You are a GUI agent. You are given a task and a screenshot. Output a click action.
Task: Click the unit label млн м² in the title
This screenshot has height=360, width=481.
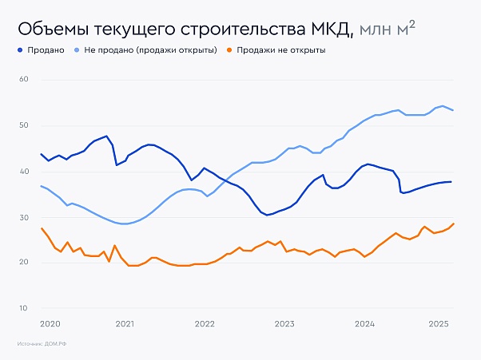tap(388, 30)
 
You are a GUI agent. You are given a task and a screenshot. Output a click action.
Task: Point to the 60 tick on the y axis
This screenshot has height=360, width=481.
tap(24, 80)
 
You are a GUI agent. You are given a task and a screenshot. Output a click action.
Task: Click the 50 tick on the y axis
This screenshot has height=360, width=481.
tap(24, 125)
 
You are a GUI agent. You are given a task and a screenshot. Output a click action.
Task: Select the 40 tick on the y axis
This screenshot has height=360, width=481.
tap(24, 172)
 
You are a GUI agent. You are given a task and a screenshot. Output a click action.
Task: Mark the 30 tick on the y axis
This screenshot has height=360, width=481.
tap(24, 217)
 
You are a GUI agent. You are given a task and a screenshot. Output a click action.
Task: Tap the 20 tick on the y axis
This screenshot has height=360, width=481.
tap(24, 263)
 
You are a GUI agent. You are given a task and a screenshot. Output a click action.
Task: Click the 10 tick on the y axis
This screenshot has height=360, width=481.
tap(24, 308)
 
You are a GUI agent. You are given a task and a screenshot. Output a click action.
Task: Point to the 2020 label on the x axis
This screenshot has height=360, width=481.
tap(50, 323)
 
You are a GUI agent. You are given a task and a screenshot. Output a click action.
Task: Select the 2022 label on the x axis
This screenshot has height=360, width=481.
tap(205, 323)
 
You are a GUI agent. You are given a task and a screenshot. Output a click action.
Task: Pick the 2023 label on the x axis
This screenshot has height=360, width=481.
tap(284, 323)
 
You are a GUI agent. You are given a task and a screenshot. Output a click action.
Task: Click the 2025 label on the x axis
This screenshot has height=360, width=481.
tap(439, 323)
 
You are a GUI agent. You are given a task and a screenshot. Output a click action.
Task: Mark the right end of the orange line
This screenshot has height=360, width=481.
tap(454, 224)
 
